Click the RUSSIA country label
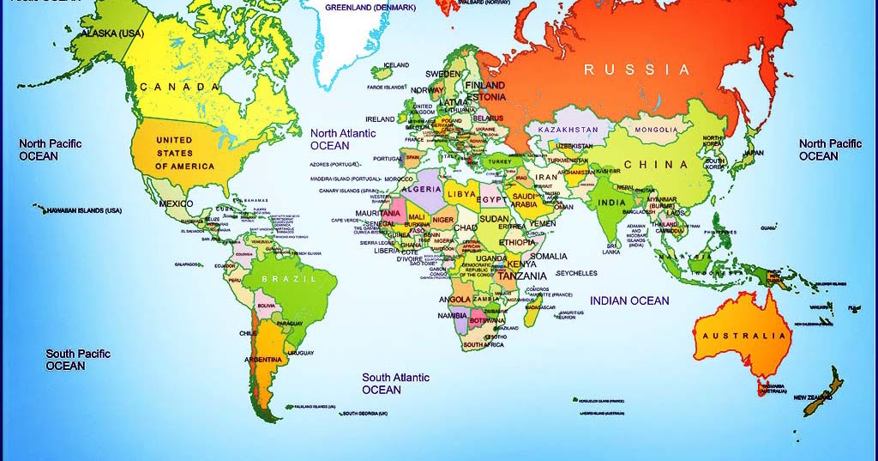(x=636, y=70)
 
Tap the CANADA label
(x=173, y=88)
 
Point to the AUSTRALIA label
(x=743, y=336)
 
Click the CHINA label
(x=655, y=165)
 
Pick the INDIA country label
(x=611, y=203)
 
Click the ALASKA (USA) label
(x=112, y=33)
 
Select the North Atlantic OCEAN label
(x=342, y=140)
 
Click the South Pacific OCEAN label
(x=78, y=360)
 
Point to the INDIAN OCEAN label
(x=628, y=300)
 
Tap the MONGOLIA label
(x=656, y=130)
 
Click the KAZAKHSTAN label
(x=568, y=130)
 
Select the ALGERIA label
(x=421, y=189)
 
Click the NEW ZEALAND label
(x=813, y=397)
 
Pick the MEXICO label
(x=175, y=204)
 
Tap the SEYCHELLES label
(x=576, y=274)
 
